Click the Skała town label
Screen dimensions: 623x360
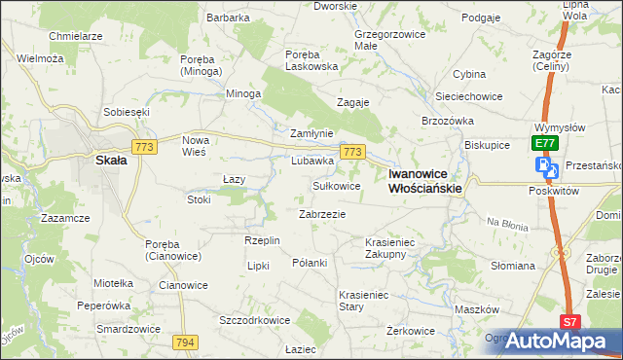point(108,163)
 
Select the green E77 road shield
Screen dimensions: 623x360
point(545,143)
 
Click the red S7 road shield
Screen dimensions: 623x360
point(571,321)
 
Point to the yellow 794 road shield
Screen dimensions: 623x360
point(186,342)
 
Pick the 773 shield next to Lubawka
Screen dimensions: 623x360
point(352,152)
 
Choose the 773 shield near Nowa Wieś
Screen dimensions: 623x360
point(145,147)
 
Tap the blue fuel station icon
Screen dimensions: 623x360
point(546,166)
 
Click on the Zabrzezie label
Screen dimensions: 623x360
point(322,213)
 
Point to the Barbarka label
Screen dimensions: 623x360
point(229,18)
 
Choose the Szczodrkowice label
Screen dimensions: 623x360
point(255,319)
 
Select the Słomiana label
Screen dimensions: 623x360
point(513,266)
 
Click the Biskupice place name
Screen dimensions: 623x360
point(488,144)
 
